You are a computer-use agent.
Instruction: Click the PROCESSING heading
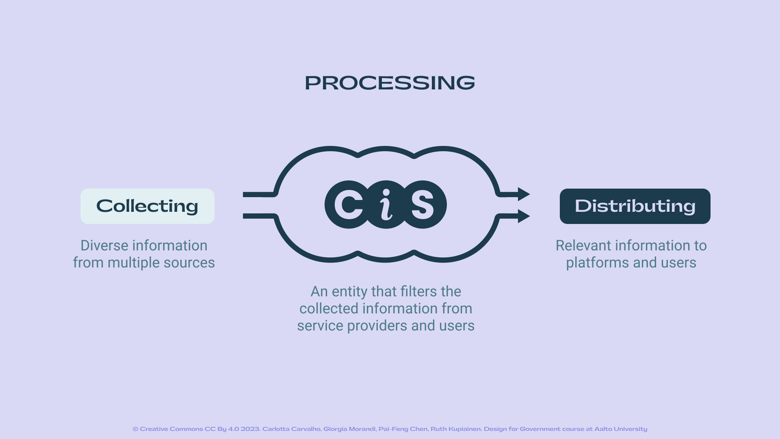point(390,83)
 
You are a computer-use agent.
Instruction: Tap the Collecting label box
point(147,206)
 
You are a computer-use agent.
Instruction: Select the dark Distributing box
point(635,206)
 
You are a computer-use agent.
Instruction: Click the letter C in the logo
point(349,204)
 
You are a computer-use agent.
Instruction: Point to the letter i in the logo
point(386,204)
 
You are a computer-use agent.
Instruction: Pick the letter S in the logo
point(422,204)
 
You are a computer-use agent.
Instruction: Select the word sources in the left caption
point(189,263)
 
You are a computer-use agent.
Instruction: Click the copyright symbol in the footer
point(135,429)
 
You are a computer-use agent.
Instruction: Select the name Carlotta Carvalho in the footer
point(291,429)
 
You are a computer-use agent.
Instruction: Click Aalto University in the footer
point(620,429)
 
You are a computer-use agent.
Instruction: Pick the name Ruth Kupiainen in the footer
point(456,429)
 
